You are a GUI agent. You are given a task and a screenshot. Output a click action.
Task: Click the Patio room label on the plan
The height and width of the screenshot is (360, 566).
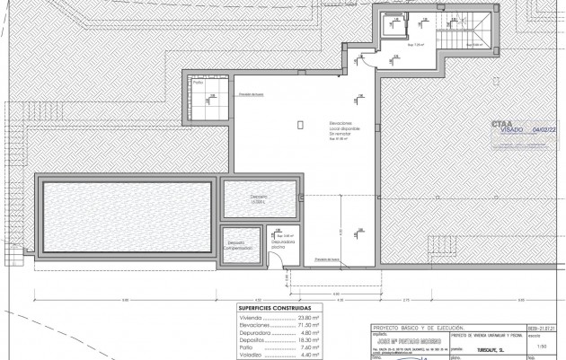coord(197,82)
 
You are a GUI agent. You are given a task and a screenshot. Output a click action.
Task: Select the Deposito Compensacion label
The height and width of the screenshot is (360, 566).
coord(236,243)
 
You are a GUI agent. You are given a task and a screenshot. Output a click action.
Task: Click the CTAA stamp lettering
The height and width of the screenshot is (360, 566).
coord(503,123)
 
